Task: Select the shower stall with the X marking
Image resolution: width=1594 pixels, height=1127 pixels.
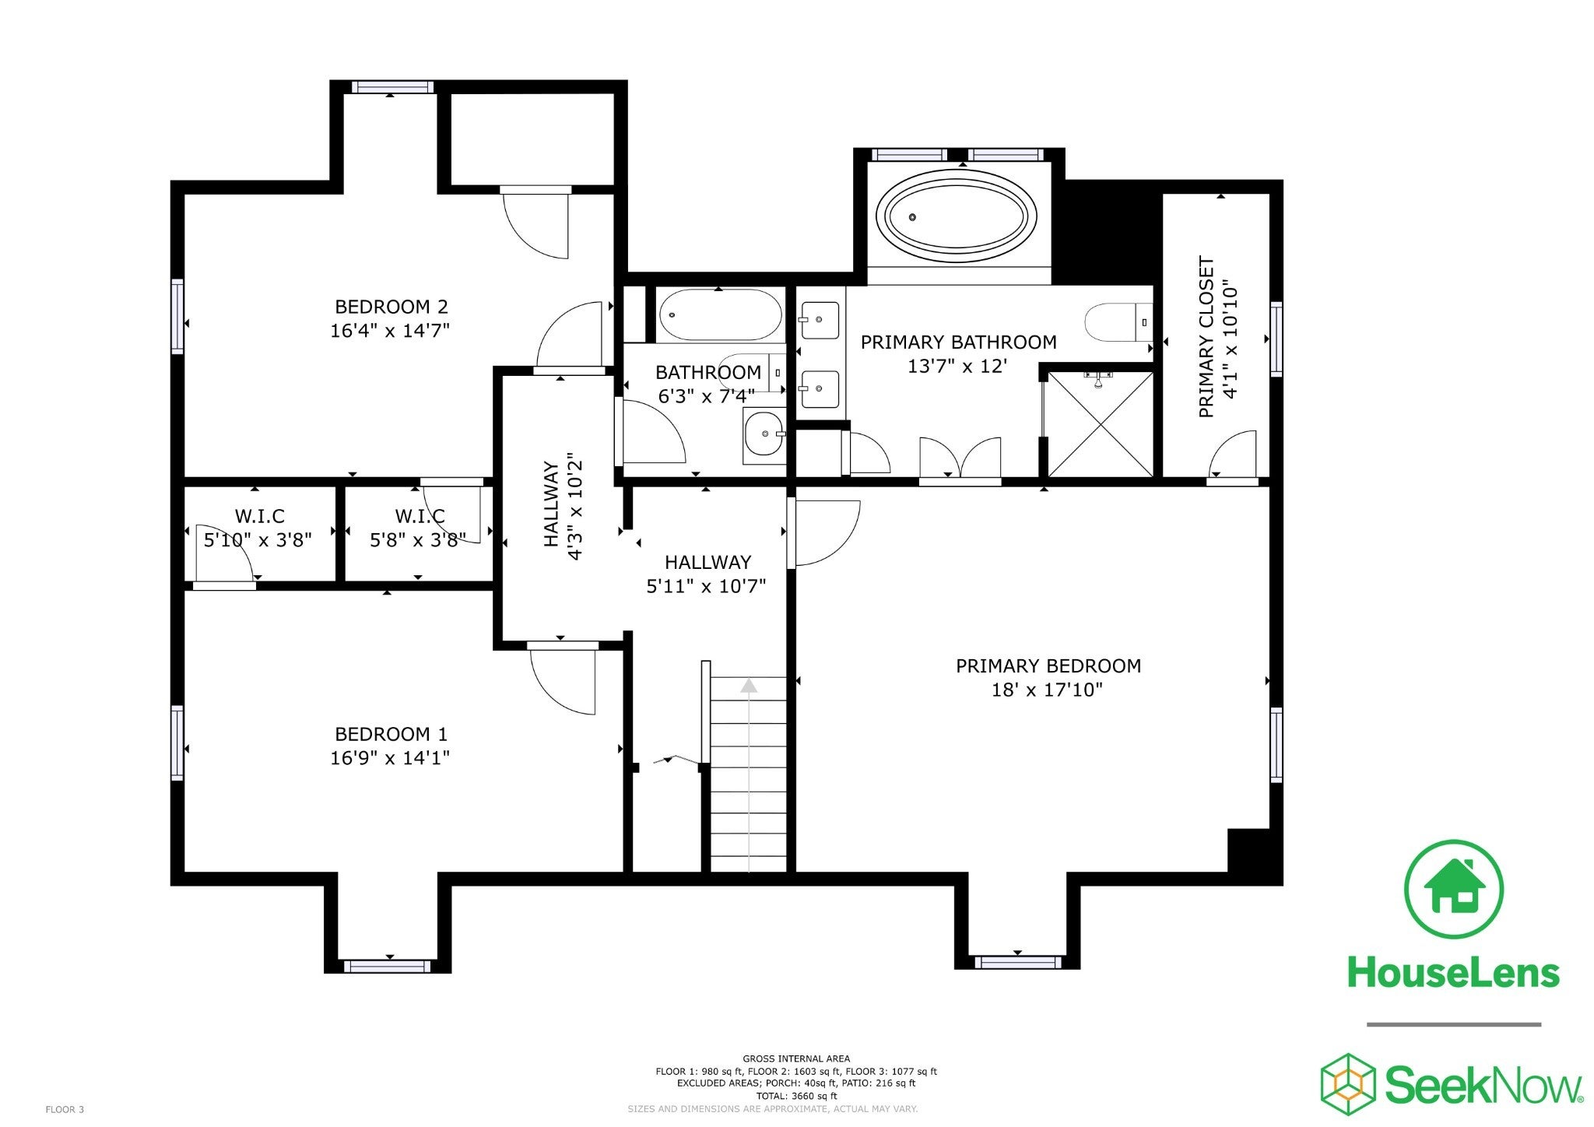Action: (x=1101, y=423)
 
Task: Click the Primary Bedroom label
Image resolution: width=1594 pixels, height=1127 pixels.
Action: (x=1048, y=665)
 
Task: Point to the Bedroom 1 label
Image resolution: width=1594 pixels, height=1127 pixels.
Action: (x=391, y=734)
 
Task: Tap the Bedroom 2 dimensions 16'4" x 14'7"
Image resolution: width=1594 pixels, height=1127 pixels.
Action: (x=390, y=331)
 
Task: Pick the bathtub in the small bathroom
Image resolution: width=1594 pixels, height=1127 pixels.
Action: (x=720, y=314)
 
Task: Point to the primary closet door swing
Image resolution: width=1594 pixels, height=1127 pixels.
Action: (x=1233, y=454)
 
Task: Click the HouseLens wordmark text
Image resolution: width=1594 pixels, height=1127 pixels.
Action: (x=1453, y=972)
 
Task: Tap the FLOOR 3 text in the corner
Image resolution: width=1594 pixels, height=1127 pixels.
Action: (x=65, y=1109)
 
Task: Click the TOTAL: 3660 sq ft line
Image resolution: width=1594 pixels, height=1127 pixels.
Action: (x=796, y=1095)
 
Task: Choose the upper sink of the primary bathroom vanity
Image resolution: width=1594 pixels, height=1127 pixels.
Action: (x=820, y=320)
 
